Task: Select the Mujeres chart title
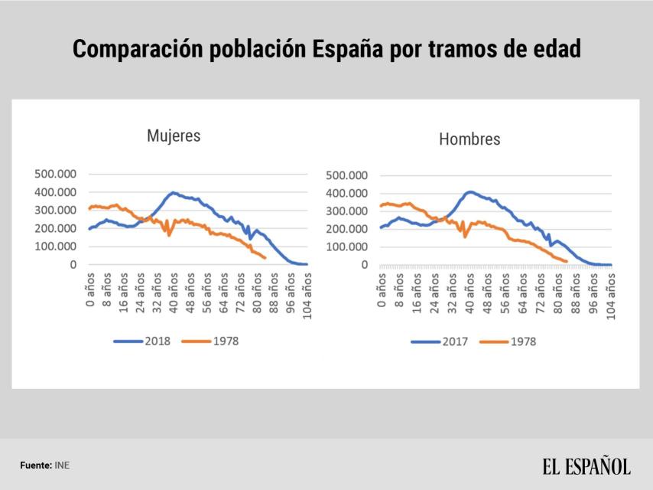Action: [174, 136]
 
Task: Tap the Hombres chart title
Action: [469, 139]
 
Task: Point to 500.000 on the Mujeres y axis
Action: [55, 174]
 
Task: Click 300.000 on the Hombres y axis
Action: [347, 211]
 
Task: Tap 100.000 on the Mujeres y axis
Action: [55, 247]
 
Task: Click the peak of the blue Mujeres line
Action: [174, 192]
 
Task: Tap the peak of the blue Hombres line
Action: [469, 191]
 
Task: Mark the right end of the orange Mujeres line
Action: [265, 258]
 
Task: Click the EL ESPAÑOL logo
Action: [586, 465]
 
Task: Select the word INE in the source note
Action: [62, 465]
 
